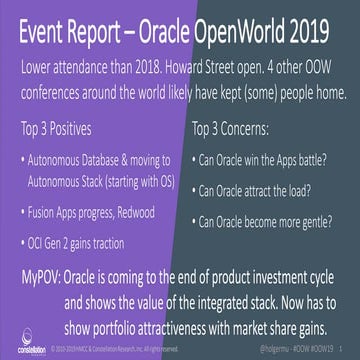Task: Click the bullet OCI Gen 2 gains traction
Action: (91, 243)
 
